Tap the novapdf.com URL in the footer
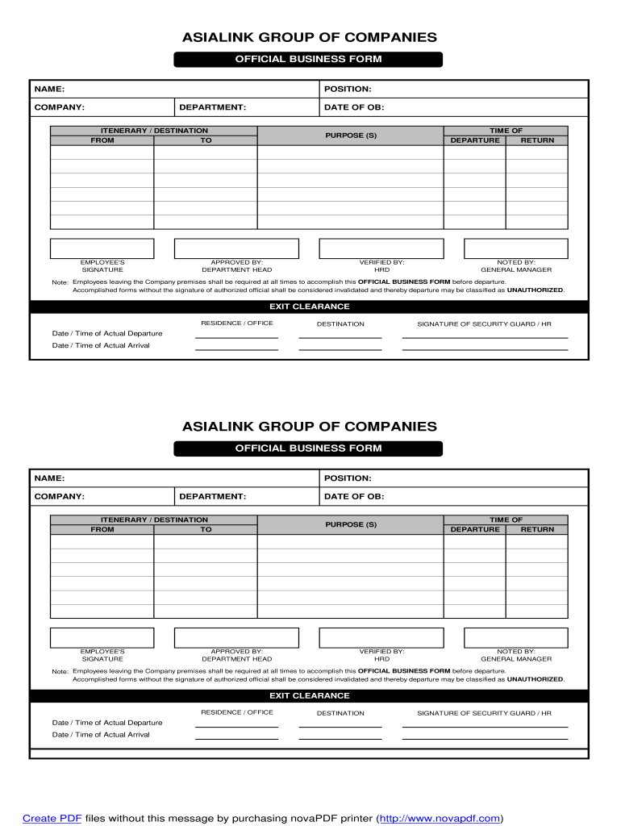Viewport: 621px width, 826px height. [440, 818]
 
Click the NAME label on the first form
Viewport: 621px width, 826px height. [49, 89]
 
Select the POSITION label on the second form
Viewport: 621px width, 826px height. [347, 478]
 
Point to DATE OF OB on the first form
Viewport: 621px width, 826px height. [354, 107]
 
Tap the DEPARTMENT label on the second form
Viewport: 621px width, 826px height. [212, 497]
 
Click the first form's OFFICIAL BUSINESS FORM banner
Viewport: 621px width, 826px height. [308, 59]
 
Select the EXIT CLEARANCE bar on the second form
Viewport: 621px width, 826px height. [309, 695]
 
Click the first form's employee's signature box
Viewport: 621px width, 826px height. [102, 248]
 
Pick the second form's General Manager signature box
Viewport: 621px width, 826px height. [516, 637]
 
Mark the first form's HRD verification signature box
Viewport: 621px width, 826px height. [381, 248]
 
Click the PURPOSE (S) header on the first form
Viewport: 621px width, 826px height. [351, 136]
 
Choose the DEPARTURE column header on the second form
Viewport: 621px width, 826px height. [475, 529]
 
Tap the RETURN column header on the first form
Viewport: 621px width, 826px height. [537, 140]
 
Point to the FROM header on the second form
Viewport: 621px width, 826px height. [102, 529]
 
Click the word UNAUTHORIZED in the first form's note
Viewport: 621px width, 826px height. [535, 290]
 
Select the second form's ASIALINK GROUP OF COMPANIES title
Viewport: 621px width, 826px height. [309, 426]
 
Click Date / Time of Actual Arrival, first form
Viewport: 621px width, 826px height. [101, 345]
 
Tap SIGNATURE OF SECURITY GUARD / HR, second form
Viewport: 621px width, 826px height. [484, 713]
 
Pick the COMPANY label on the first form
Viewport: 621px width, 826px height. [59, 107]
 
